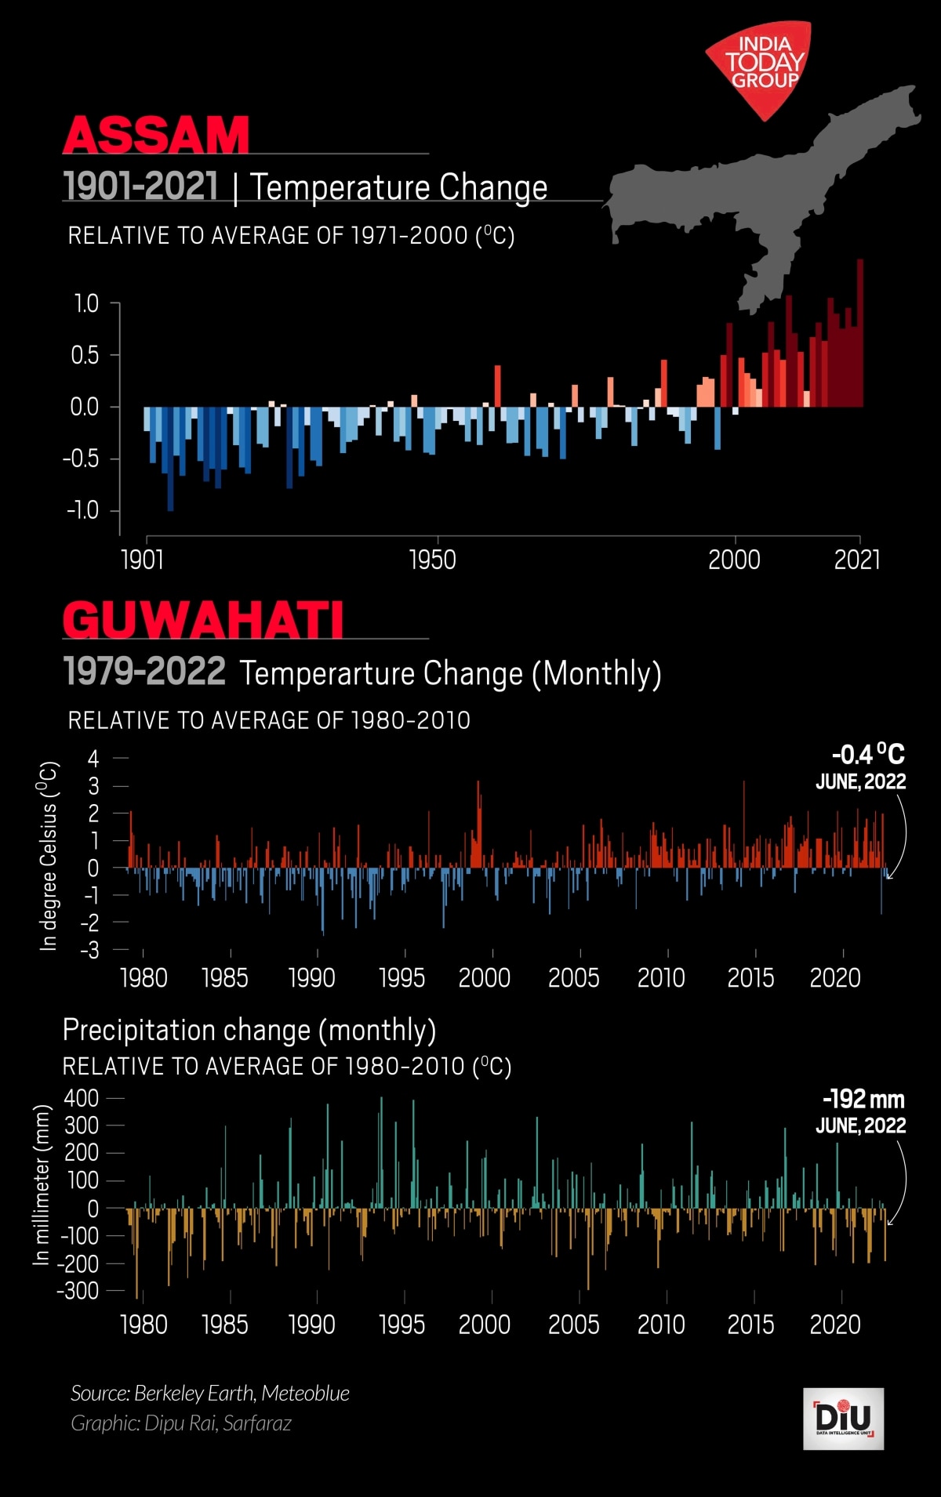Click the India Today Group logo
pos(759,67)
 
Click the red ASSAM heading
pos(156,135)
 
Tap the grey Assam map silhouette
pos(753,196)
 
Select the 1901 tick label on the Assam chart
pos(143,560)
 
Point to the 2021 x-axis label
pos(856,560)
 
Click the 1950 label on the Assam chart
pos(432,560)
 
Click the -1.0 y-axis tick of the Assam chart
pos(83,510)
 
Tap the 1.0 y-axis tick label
pos(86,303)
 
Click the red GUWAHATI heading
pos(203,620)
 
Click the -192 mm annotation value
pos(863,1099)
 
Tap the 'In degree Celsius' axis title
pos(49,855)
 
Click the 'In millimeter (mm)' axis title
pos(42,1184)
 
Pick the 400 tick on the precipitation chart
pos(82,1098)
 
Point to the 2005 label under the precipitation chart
pos(573,1325)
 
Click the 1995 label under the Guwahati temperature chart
pos(401,978)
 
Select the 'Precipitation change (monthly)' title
pos(249,1030)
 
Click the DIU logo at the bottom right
pos(843,1419)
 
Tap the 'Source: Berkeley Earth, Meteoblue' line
pos(210,1393)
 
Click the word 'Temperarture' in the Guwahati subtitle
pos(380,673)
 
